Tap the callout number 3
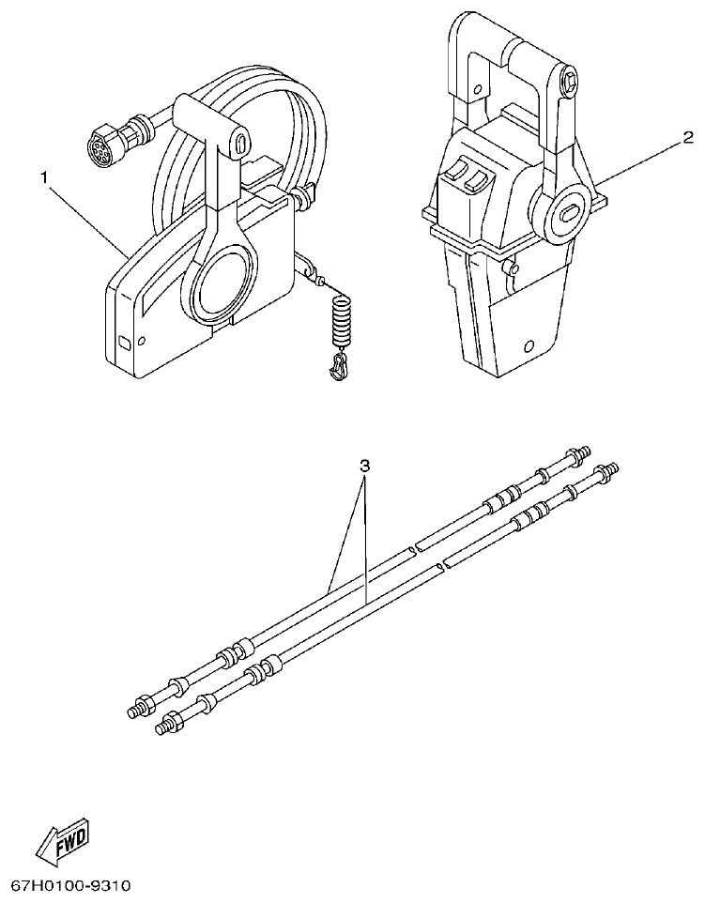point(365,465)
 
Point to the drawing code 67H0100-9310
point(70,885)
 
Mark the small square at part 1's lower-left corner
point(124,341)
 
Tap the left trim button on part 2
point(456,174)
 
